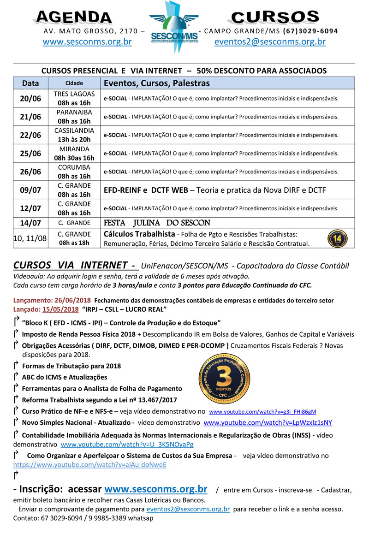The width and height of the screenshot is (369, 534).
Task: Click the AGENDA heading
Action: pos(73,18)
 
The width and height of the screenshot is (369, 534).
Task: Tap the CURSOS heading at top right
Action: pos(275,17)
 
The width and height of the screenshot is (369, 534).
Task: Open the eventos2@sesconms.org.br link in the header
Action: pos(270,42)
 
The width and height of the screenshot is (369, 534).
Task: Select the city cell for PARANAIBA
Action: pos(74,117)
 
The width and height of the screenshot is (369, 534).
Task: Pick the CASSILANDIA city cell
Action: pos(74,135)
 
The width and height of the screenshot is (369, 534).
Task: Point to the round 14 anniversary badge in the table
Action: pos(337,238)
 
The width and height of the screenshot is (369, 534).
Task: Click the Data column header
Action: pos(30,83)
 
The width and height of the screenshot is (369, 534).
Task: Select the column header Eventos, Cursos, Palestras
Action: pos(157,83)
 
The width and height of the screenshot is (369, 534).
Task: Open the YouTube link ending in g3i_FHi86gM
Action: pos(262,411)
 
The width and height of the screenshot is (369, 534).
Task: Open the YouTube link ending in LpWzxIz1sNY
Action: pos(268,422)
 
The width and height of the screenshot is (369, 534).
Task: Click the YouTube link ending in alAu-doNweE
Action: pos(90,465)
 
